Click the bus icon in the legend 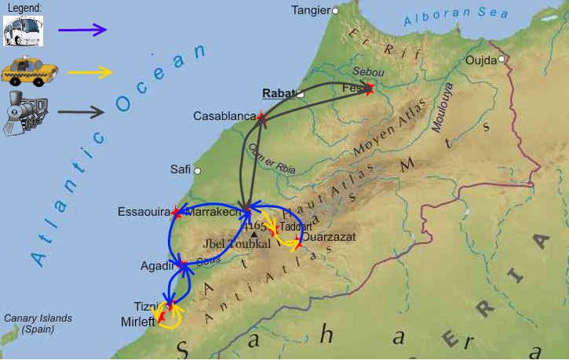tap(23, 31)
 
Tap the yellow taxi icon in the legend tap(24, 71)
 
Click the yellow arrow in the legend tap(90, 72)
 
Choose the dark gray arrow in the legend tap(81, 112)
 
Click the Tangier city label tap(311, 10)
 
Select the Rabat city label tap(277, 93)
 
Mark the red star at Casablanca tap(261, 119)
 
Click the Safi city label tap(180, 169)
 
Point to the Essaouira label tap(143, 212)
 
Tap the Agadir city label tap(156, 266)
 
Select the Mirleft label tap(137, 322)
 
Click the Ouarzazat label tap(329, 236)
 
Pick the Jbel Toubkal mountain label tap(237, 244)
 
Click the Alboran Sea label tap(447, 18)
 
